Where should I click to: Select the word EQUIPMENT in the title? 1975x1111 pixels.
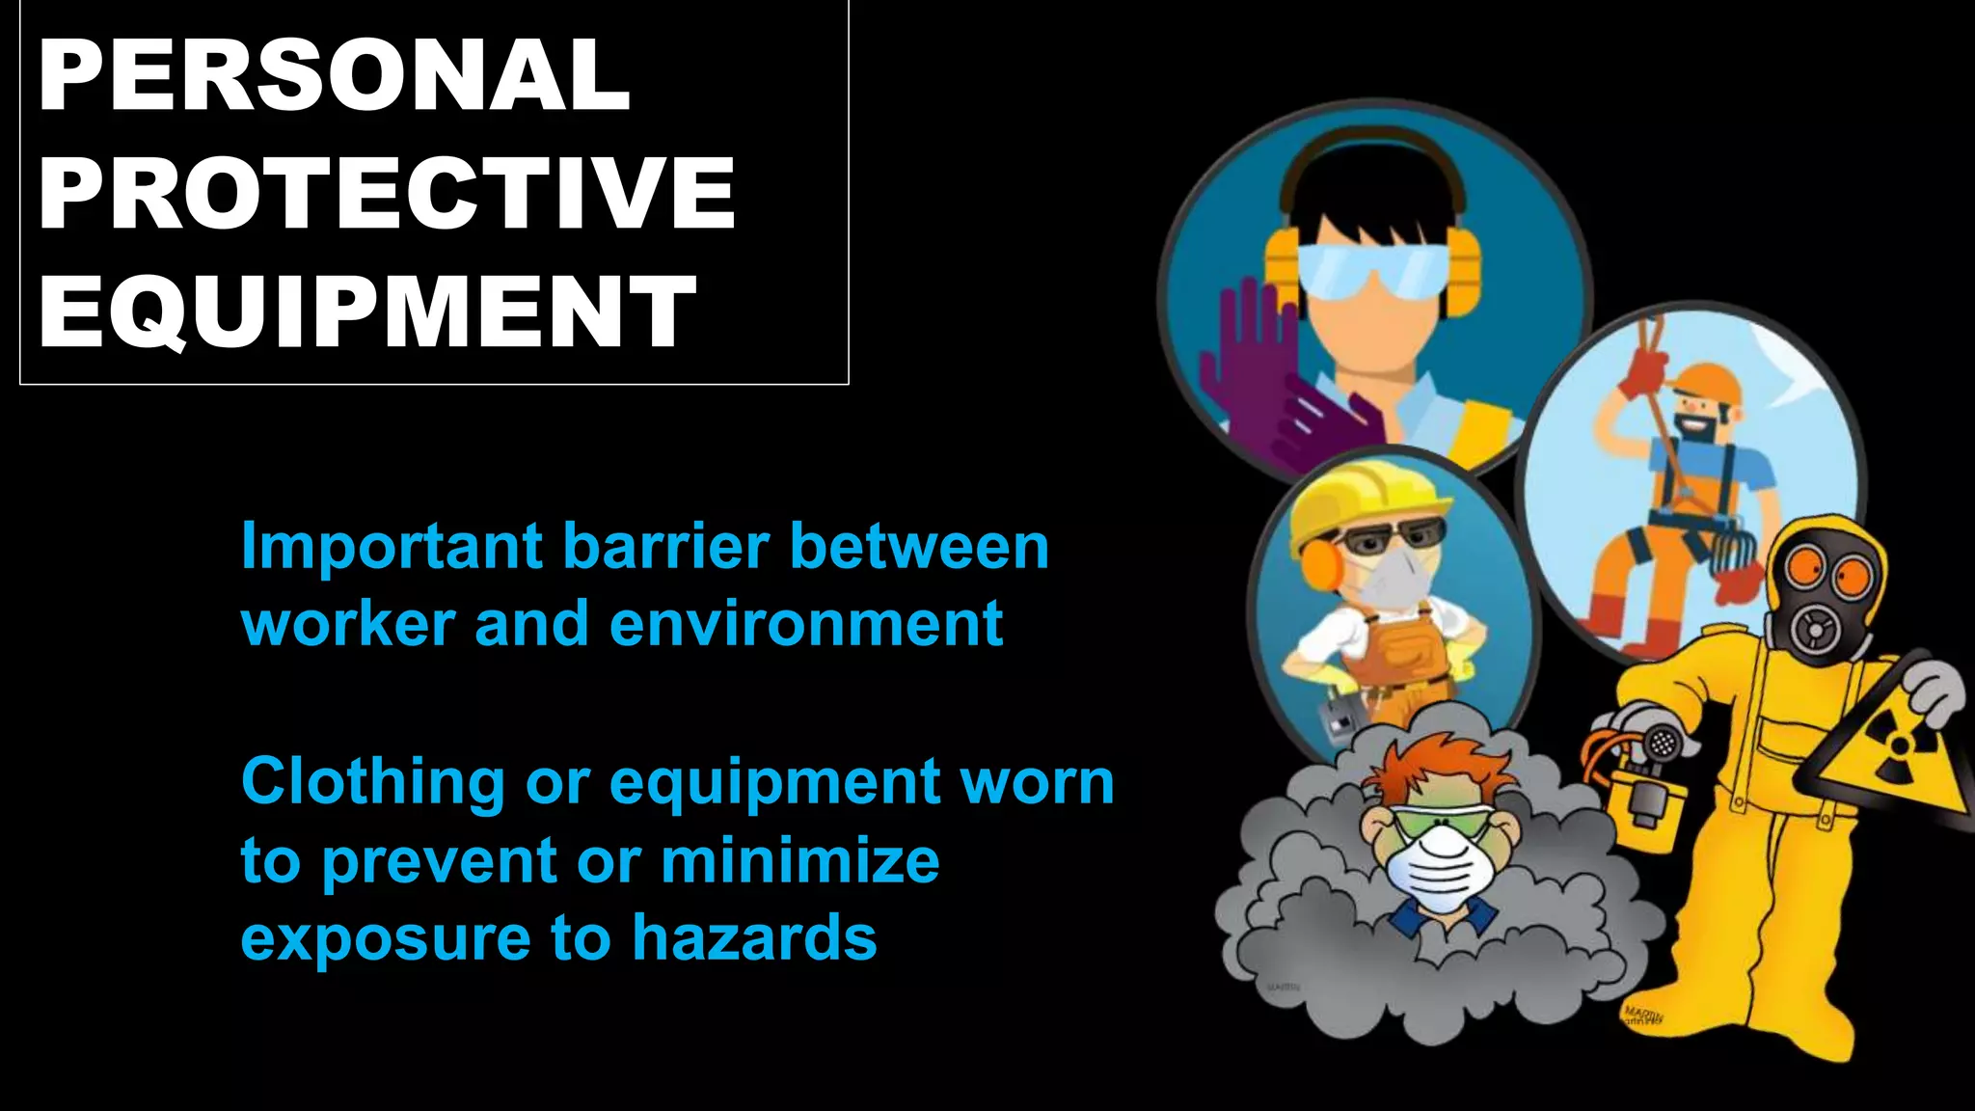[x=366, y=312]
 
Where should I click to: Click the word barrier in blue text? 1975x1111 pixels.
[x=665, y=546]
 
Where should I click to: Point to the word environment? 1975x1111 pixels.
[x=806, y=624]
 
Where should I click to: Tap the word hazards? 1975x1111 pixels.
[x=755, y=937]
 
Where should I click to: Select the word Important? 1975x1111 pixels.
[x=392, y=546]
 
